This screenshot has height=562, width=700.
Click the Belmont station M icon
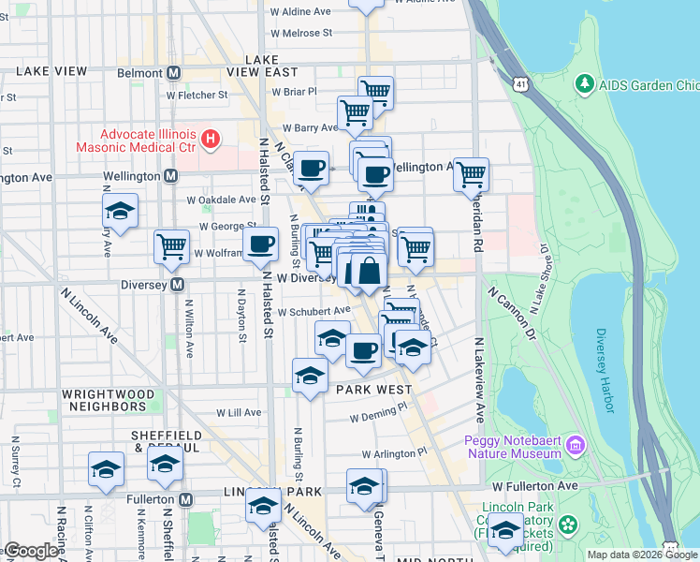[174, 73]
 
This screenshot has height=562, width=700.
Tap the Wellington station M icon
[171, 175]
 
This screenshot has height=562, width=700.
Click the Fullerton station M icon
[186, 498]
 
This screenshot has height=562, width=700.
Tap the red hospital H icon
[211, 140]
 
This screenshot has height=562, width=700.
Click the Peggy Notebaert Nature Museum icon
[575, 444]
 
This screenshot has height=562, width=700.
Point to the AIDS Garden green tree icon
[585, 84]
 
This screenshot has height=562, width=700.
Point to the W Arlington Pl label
[387, 452]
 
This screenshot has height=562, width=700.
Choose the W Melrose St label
[301, 33]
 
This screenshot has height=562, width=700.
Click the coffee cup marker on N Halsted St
[261, 244]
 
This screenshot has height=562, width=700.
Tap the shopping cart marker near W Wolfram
[171, 247]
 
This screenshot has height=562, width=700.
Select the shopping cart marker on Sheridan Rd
[471, 173]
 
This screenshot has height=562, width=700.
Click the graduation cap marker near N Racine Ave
[106, 468]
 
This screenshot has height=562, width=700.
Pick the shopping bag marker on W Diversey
[369, 271]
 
